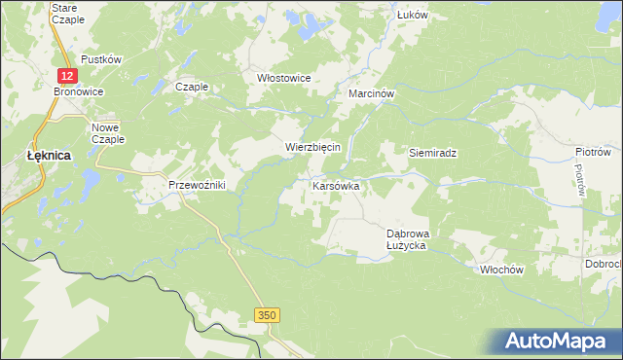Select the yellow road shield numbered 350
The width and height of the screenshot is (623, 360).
click(x=269, y=315)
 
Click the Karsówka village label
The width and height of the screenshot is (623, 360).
click(x=336, y=184)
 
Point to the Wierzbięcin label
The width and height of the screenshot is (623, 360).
click(x=311, y=147)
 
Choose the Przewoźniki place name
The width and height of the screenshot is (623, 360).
click(x=198, y=185)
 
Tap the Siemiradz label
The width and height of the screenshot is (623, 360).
click(x=432, y=153)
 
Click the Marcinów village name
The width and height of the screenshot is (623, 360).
click(x=371, y=94)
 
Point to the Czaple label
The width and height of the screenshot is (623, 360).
click(x=192, y=87)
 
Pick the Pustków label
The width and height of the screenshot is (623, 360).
click(x=101, y=59)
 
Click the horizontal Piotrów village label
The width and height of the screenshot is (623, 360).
click(x=592, y=152)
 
